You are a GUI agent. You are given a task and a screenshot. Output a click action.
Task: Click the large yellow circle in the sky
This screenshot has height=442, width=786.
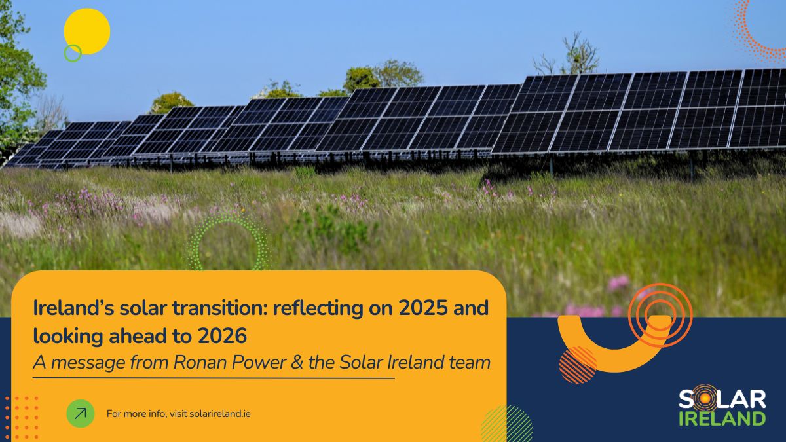(87, 31)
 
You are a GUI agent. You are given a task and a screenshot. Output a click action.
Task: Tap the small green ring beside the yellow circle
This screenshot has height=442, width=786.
(73, 53)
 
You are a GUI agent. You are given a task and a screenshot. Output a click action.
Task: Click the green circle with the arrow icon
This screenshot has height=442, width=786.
(81, 413)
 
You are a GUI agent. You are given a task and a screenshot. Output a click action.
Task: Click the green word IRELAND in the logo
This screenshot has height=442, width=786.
(722, 418)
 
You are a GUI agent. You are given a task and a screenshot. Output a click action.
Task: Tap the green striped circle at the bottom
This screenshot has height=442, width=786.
(506, 425)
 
